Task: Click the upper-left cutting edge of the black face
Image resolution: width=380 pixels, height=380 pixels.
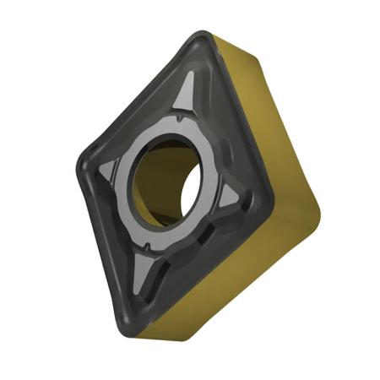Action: [x=135, y=93]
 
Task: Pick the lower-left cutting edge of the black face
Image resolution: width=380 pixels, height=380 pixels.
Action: [x=106, y=245]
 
